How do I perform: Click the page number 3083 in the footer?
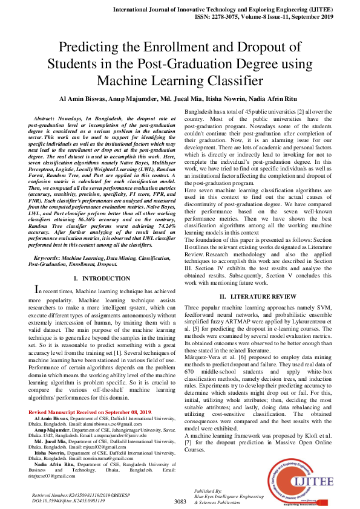(x=180, y=501)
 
